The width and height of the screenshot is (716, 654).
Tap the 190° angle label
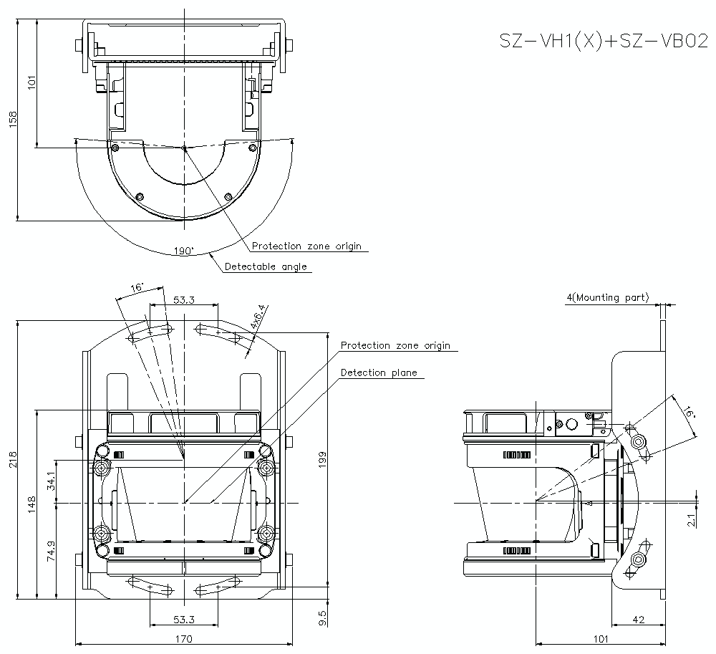pyautogui.click(x=183, y=251)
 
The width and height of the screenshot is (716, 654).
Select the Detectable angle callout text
pyautogui.click(x=266, y=266)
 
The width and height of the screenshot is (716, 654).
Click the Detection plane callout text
pyautogui.click(x=378, y=372)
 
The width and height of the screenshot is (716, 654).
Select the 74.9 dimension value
pyautogui.click(x=49, y=550)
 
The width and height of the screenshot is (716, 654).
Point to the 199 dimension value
pyautogui.click(x=323, y=460)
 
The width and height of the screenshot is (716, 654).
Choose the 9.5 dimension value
pyautogui.click(x=323, y=614)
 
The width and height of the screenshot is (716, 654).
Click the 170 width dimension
pyautogui.click(x=183, y=639)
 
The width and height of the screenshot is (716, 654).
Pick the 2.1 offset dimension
pyautogui.click(x=691, y=520)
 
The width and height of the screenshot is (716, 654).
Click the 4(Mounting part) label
pyautogui.click(x=607, y=297)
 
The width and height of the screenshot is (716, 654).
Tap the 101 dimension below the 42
pyautogui.click(x=601, y=639)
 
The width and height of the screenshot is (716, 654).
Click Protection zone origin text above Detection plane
pyautogui.click(x=395, y=345)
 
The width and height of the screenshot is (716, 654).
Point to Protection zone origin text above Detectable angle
pyautogui.click(x=306, y=246)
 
